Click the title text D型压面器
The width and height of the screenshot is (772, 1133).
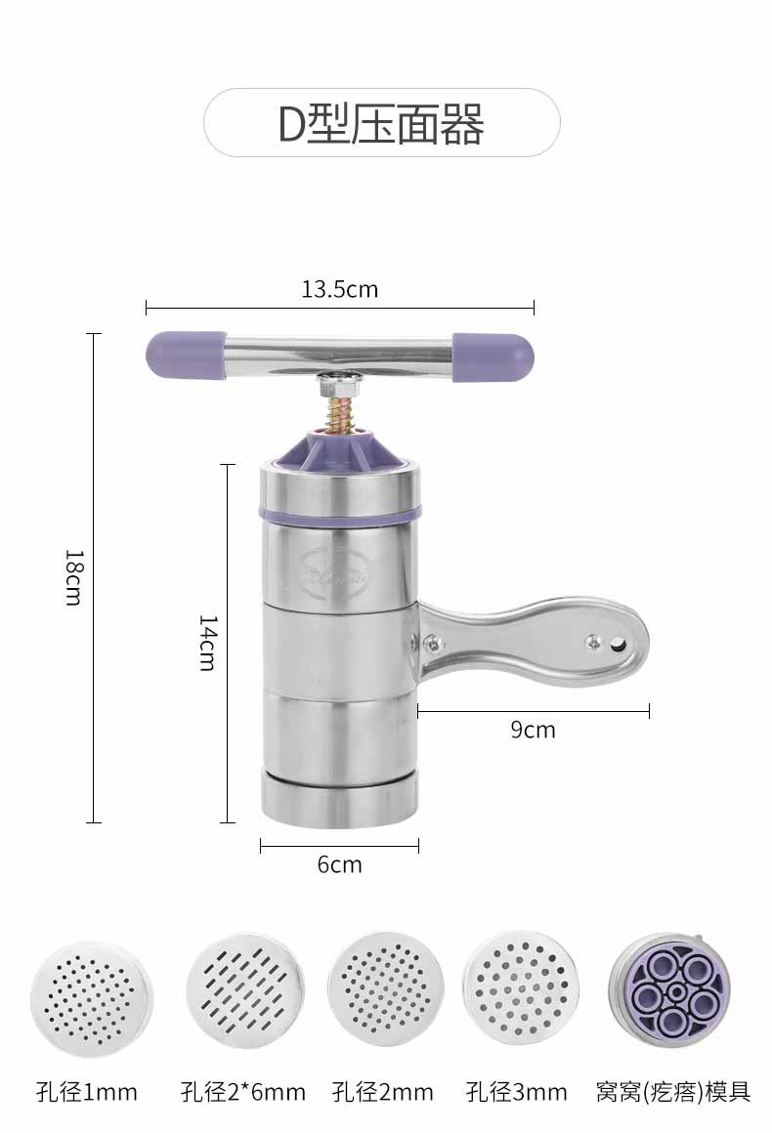point(381,124)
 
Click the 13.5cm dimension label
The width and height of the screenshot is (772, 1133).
point(340,289)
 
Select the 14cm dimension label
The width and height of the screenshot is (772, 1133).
point(207,643)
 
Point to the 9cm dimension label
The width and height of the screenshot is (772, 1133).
point(533,730)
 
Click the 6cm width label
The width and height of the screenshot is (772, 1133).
point(339,864)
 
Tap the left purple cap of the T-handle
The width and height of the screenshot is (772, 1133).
point(186,355)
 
